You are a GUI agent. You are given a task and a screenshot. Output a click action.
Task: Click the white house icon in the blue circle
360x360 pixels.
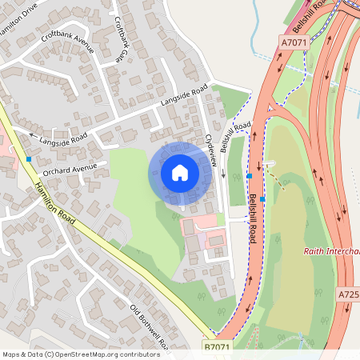pyautogui.click(x=180, y=173)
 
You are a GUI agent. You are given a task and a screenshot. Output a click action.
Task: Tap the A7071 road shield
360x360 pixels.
pyautogui.click(x=294, y=41)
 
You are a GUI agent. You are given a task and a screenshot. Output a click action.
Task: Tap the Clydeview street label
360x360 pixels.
pyautogui.click(x=212, y=150)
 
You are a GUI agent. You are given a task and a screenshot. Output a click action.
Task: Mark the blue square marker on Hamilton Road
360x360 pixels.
pyautogui.click(x=29, y=159)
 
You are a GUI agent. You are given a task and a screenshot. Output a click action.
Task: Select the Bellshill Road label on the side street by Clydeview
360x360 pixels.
pyautogui.click(x=237, y=137)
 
